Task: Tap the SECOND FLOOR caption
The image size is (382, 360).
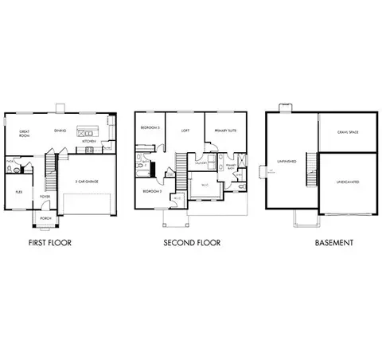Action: coord(192,242)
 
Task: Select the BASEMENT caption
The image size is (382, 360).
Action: coord(334,242)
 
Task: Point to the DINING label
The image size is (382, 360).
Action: coord(60,131)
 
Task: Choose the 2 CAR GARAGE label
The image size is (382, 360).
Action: coord(87,182)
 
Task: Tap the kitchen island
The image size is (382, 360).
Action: coord(86,131)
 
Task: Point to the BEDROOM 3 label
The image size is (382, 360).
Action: coord(150,128)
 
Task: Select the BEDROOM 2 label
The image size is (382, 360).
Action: coord(152,191)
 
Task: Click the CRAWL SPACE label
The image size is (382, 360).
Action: coord(348,131)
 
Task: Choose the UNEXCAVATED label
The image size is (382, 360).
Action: coord(346,182)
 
